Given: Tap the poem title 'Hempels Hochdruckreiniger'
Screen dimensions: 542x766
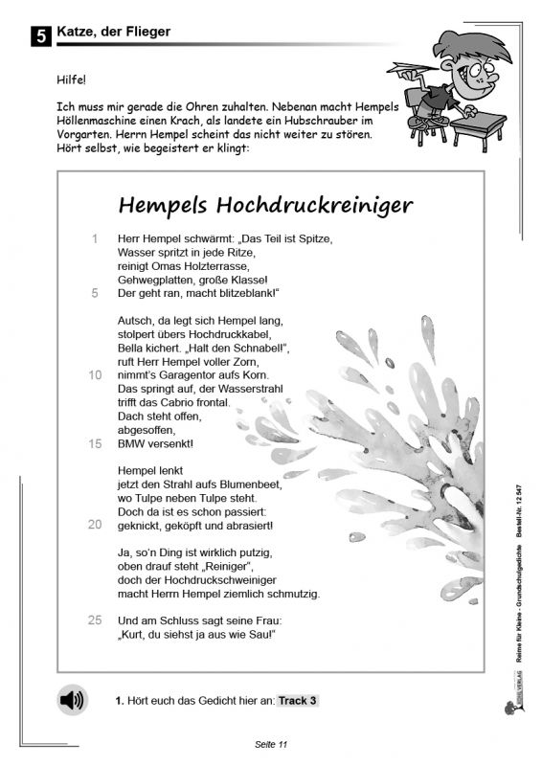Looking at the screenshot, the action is [x=265, y=205].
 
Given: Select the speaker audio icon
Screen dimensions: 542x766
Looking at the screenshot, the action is [x=71, y=701].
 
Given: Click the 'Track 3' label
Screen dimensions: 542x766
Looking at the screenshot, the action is [x=298, y=701].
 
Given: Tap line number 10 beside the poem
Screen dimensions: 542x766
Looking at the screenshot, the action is [x=94, y=375].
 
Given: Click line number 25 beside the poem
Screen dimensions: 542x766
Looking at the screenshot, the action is [x=94, y=620].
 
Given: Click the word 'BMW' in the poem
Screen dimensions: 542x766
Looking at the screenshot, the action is [x=130, y=443].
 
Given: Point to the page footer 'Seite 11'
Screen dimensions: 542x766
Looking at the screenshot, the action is [x=271, y=744].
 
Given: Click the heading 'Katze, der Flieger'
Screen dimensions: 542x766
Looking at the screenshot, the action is [x=114, y=32].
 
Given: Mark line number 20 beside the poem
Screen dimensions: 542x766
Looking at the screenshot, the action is [x=94, y=525].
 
